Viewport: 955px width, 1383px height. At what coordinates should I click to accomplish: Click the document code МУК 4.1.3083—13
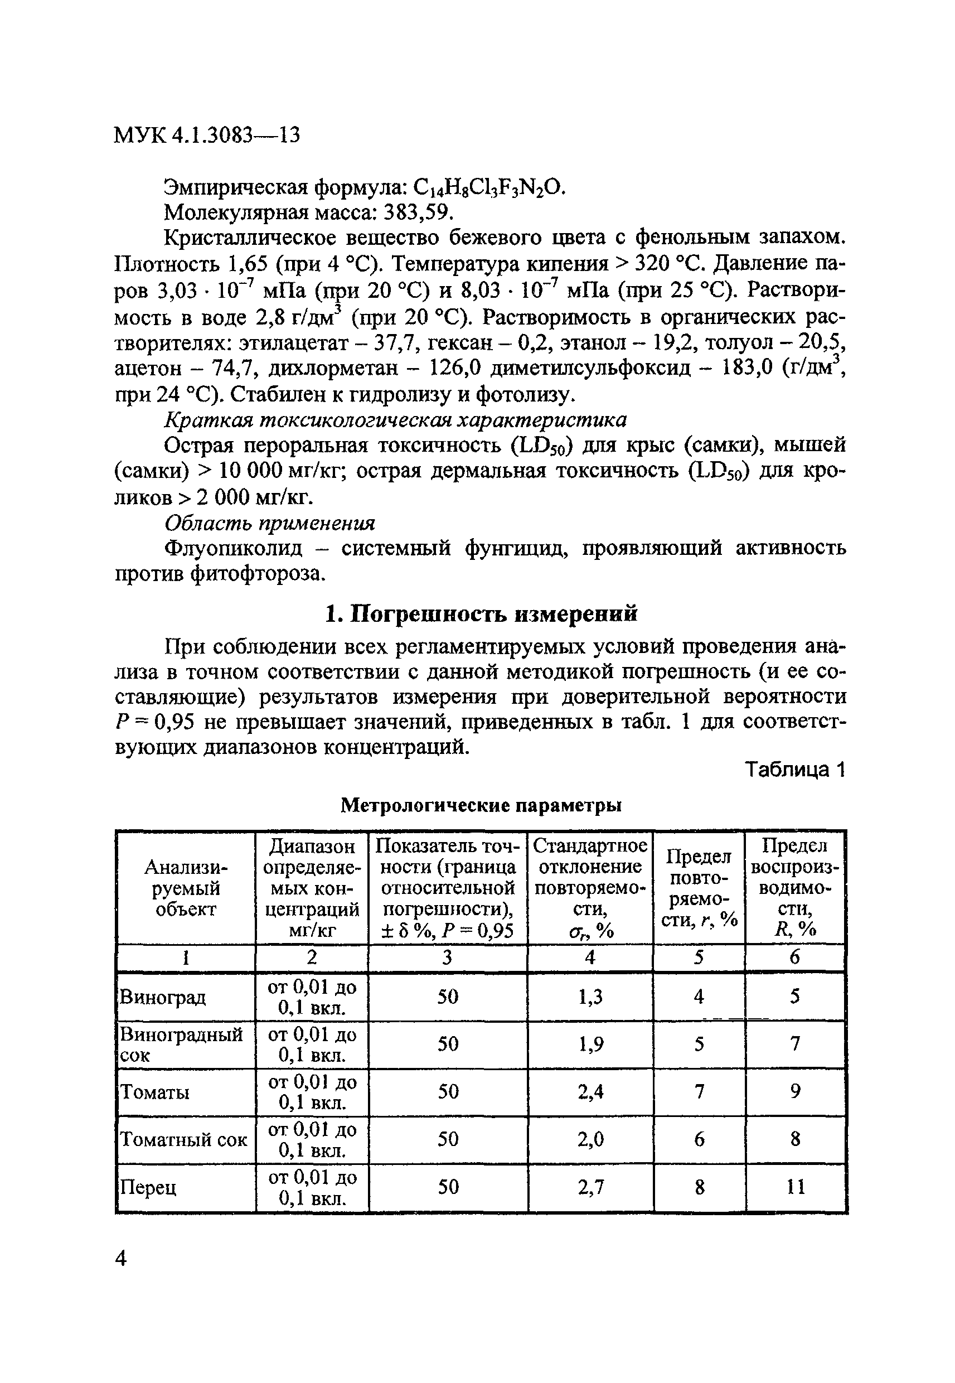(x=206, y=136)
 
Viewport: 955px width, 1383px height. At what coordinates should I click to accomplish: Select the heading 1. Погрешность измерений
(x=481, y=613)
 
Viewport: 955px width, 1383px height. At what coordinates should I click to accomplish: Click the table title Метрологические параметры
(x=481, y=805)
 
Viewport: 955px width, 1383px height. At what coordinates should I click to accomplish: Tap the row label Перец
(x=148, y=1187)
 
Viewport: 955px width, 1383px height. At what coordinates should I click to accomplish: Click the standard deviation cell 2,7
(x=590, y=1187)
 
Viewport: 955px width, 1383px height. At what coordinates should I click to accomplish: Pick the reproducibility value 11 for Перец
(x=795, y=1187)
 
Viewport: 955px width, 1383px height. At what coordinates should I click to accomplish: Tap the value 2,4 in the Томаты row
(x=590, y=1091)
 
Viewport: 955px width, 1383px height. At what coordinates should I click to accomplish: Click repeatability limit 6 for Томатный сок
(x=699, y=1139)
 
